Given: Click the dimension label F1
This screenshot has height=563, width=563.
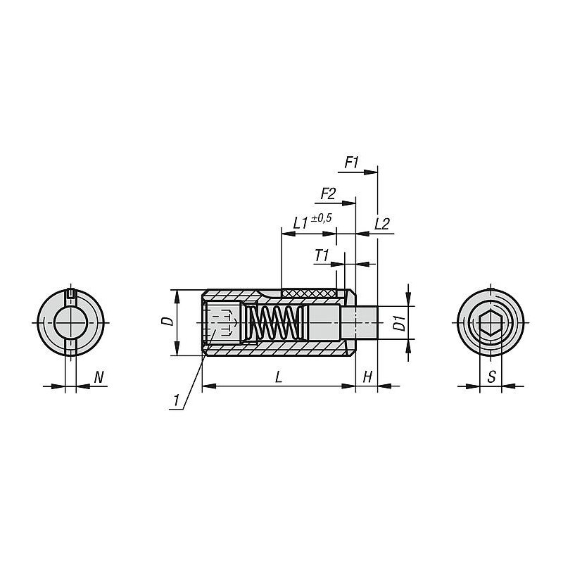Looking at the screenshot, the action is tap(351, 163).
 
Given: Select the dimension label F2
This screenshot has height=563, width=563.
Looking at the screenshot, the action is tap(328, 194).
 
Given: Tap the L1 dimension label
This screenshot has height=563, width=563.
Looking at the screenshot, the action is tap(301, 224).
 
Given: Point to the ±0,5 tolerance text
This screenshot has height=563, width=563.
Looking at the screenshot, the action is tap(322, 218).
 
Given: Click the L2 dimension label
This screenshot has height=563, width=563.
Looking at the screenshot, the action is tap(382, 224).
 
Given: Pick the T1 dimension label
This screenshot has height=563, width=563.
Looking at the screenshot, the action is tap(322, 255).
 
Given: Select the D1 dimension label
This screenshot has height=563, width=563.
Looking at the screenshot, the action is tap(399, 323).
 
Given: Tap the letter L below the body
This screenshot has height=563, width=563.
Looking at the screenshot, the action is tap(279, 377).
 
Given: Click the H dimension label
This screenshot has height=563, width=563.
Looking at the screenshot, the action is tap(367, 377).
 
